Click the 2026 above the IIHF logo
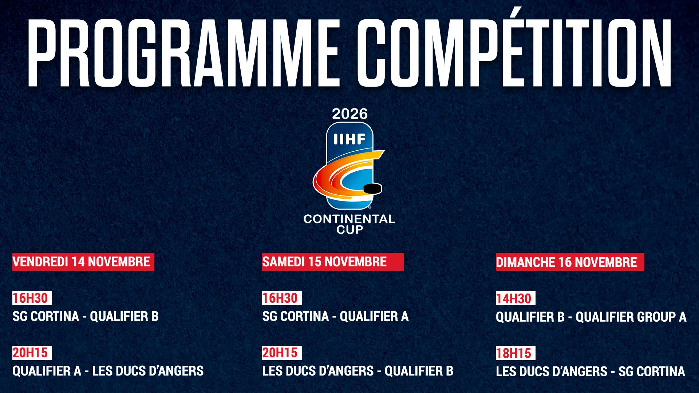(x=350, y=114)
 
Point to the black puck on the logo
(x=373, y=188)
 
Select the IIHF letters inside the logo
(x=350, y=139)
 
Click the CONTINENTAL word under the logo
(x=349, y=219)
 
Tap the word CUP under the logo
(x=350, y=230)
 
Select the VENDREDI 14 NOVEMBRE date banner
(x=83, y=262)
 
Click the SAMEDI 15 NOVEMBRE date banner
(x=333, y=262)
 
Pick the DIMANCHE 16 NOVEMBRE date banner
(x=570, y=262)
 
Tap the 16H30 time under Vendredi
(x=32, y=298)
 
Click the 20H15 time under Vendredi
(x=32, y=353)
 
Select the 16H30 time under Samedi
(x=282, y=298)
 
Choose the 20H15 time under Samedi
(x=282, y=353)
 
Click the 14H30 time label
(x=516, y=298)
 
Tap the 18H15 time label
(x=516, y=353)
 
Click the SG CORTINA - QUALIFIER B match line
(x=86, y=316)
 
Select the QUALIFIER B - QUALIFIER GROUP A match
(x=591, y=317)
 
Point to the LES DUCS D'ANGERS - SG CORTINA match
(x=591, y=372)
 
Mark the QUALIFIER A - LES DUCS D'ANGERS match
(x=108, y=371)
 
